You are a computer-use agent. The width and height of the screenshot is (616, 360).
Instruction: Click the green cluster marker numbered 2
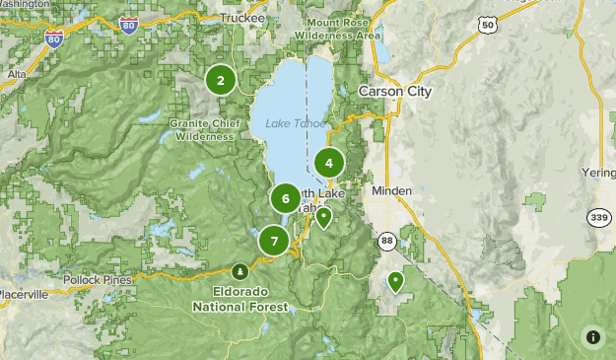click(221, 81)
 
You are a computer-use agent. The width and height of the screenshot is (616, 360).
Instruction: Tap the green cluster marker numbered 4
click(329, 164)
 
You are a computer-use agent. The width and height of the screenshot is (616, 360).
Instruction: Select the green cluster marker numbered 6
click(286, 198)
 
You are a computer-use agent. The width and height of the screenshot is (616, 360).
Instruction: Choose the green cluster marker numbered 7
click(274, 240)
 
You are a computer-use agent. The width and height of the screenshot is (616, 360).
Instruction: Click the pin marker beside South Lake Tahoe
click(323, 217)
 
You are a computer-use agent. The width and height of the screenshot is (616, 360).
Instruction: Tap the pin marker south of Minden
click(396, 281)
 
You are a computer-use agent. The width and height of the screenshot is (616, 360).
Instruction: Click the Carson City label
click(394, 91)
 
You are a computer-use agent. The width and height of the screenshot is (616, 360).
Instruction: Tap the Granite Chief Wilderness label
click(204, 130)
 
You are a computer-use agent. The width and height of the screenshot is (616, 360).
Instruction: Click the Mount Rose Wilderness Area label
click(343, 29)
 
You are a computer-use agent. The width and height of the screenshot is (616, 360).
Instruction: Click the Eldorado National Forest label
click(240, 300)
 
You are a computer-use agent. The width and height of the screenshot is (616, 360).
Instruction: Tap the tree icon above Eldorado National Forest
click(240, 271)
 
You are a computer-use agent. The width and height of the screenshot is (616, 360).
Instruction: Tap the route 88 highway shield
click(385, 239)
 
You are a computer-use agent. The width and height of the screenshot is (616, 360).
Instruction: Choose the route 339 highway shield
click(597, 217)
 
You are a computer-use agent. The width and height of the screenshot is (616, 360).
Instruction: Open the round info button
click(593, 337)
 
